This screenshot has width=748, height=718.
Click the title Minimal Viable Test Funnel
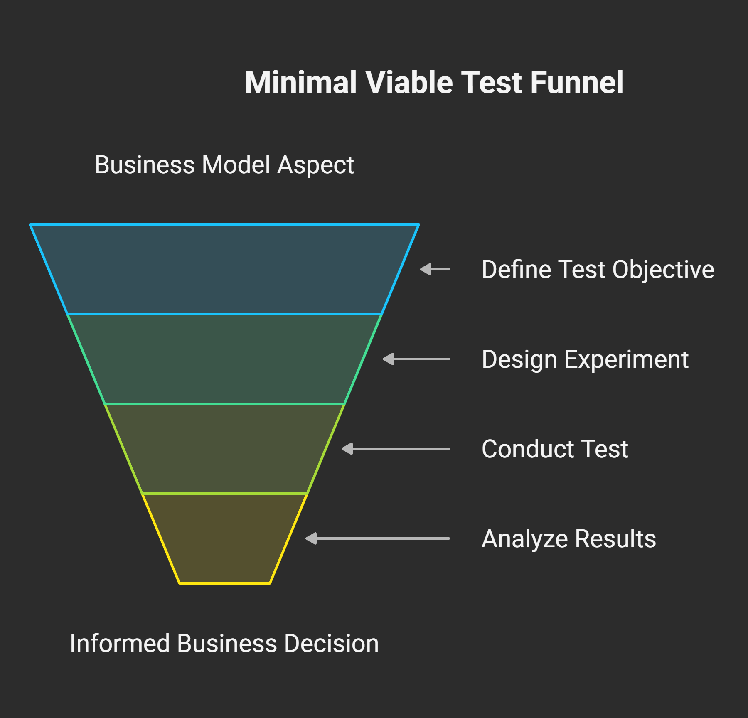pos(434,82)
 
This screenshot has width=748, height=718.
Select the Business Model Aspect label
pos(224,165)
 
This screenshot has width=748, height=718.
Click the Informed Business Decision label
pos(224,644)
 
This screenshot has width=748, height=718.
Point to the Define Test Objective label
pos(598,270)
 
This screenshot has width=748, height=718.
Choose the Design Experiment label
pos(585,359)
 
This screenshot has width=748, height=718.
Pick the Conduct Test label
pos(554,449)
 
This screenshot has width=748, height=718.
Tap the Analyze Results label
pos(568,539)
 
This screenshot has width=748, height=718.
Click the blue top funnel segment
pos(224,269)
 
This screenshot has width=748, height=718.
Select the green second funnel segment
pos(224,359)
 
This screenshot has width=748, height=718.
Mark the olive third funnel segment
pos(224,449)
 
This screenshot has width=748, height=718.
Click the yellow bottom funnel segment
pos(224,538)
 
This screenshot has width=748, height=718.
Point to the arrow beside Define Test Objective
pos(435,269)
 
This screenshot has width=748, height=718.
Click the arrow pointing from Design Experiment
pos(416,359)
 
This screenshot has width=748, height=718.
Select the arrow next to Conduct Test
pos(396,449)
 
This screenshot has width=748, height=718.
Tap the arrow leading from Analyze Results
pos(377,538)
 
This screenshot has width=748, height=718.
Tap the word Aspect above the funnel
pos(315,165)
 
